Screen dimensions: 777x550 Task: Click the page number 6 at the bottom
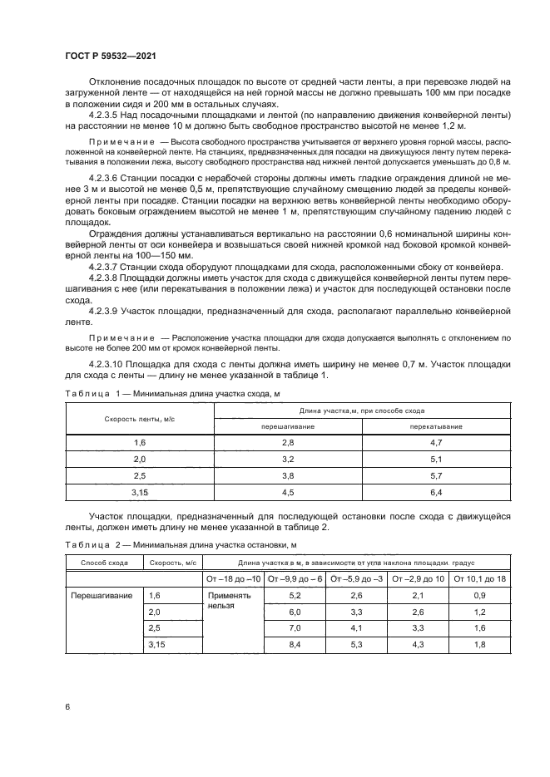tap(67, 706)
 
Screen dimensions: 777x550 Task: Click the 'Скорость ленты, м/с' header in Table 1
tap(139, 418)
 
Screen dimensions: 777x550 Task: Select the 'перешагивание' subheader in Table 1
tap(287, 425)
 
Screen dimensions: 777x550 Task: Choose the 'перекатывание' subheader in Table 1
tap(435, 425)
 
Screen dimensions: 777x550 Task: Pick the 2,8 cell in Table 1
tap(287, 444)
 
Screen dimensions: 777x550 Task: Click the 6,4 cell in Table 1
tap(435, 493)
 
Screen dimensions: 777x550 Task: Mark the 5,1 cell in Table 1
tap(435, 460)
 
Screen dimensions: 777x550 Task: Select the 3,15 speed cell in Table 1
tap(139, 493)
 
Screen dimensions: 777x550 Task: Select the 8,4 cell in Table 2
tap(294, 645)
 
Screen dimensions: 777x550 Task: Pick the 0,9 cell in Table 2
tap(479, 595)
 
